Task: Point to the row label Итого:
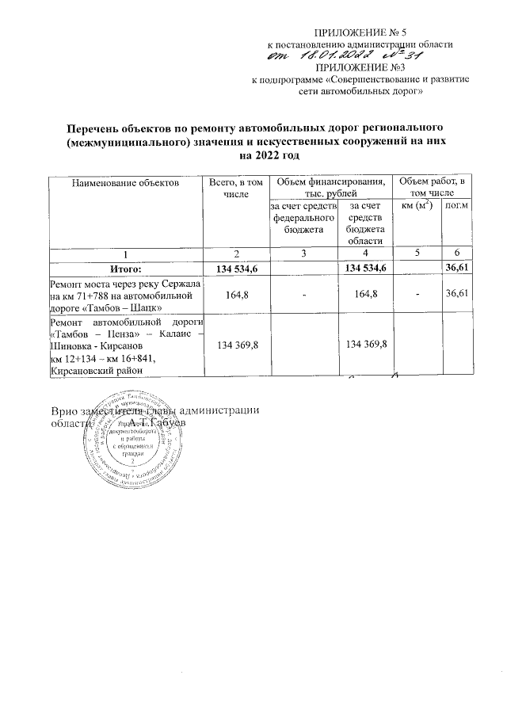point(125,269)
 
